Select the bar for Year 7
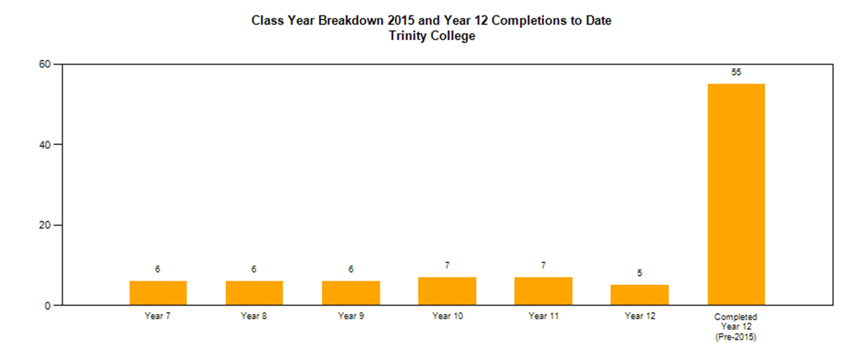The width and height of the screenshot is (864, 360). [158, 293]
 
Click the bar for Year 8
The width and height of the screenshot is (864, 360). [254, 293]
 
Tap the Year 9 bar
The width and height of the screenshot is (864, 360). [351, 293]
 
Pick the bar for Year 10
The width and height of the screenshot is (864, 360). [447, 291]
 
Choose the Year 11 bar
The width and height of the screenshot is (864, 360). [543, 291]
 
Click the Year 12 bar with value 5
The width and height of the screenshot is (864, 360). [639, 295]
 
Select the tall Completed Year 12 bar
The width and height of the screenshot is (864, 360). [736, 195]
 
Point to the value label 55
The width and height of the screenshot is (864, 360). [736, 72]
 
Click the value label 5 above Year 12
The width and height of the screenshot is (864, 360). [639, 273]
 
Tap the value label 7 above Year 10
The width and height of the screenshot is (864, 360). [447, 265]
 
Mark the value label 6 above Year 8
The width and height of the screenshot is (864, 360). [254, 269]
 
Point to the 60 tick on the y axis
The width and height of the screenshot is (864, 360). [45, 64]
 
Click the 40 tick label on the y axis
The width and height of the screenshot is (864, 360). [45, 145]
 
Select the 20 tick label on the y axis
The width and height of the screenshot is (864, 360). [45, 225]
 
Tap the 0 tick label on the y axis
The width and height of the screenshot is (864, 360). [48, 306]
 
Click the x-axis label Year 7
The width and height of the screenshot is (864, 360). [157, 316]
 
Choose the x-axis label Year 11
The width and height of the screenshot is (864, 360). [544, 316]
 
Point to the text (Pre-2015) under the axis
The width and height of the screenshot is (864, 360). [736, 337]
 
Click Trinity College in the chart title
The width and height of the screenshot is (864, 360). [432, 36]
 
